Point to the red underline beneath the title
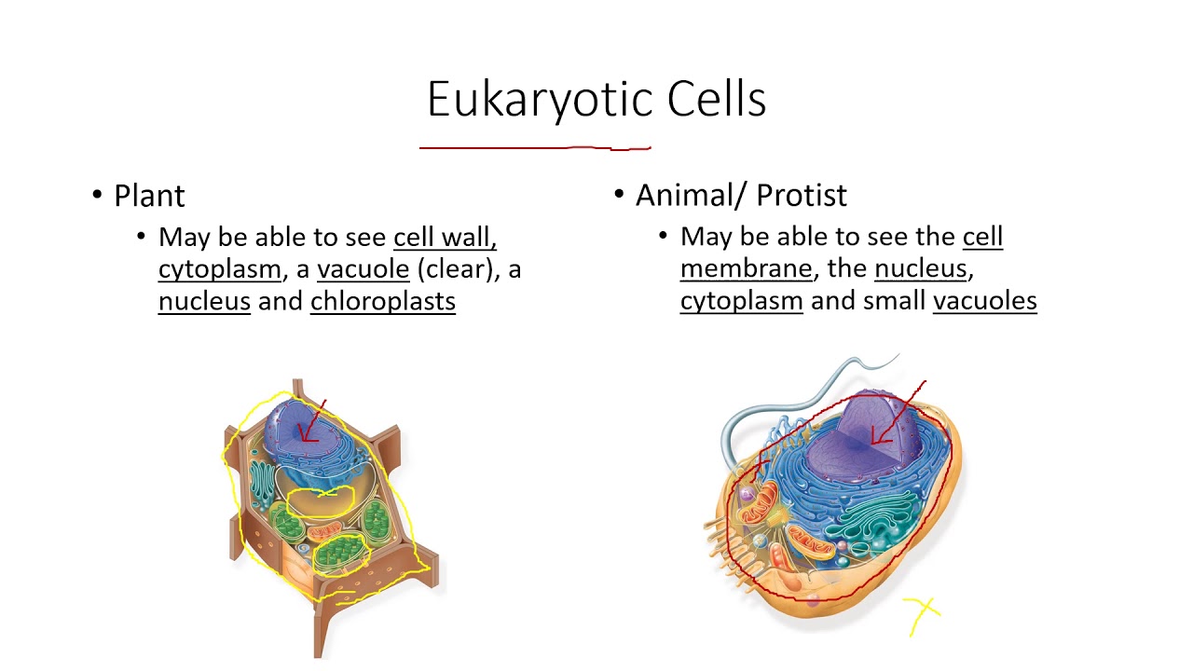click(535, 147)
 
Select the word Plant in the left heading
click(149, 196)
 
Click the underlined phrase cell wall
click(445, 238)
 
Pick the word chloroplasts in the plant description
click(382, 301)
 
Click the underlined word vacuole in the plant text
click(363, 269)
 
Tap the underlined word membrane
click(746, 268)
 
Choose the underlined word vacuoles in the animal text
click(984, 300)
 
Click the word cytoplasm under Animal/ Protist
click(741, 301)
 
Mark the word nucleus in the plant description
click(204, 301)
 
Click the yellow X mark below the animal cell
click(922, 612)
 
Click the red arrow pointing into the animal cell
click(895, 415)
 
